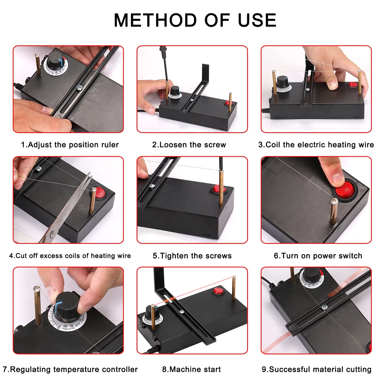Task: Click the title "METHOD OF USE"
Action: [195, 20]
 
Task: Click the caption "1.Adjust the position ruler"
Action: [70, 145]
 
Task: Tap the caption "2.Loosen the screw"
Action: [189, 145]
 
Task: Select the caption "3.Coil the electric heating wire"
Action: [316, 145]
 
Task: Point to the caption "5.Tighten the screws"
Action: [192, 256]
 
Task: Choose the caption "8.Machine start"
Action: [192, 369]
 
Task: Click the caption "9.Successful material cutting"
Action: [316, 369]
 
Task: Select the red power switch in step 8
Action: [218, 291]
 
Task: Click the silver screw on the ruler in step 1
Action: [79, 88]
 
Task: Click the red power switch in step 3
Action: [354, 84]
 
